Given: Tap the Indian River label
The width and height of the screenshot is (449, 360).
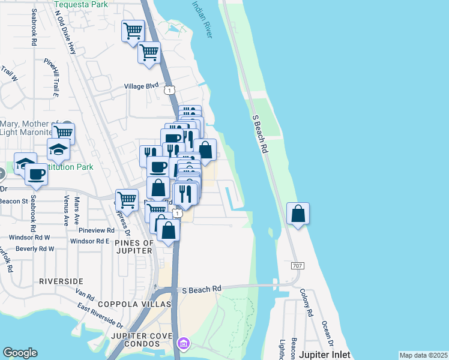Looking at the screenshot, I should tap(202, 19).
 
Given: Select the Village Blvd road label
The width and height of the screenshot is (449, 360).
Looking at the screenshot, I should tap(141, 86).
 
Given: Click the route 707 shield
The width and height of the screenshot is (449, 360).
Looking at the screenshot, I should tap(297, 265).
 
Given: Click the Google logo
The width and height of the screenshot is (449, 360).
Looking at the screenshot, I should tap(20, 353).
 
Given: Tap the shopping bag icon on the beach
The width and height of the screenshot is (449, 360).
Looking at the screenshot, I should tap(298, 214).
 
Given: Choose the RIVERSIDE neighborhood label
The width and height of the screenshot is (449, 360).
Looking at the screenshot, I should tap(61, 281).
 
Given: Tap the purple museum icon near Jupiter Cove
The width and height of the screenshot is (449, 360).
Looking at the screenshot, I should tap(183, 344).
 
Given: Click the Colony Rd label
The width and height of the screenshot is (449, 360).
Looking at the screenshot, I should tap(307, 304).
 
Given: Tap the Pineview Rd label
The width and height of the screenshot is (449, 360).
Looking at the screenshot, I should tap(96, 230).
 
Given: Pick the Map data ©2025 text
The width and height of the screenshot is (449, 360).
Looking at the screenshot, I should tap(423, 355).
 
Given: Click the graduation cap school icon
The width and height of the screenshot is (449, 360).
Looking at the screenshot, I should tap(58, 148).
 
